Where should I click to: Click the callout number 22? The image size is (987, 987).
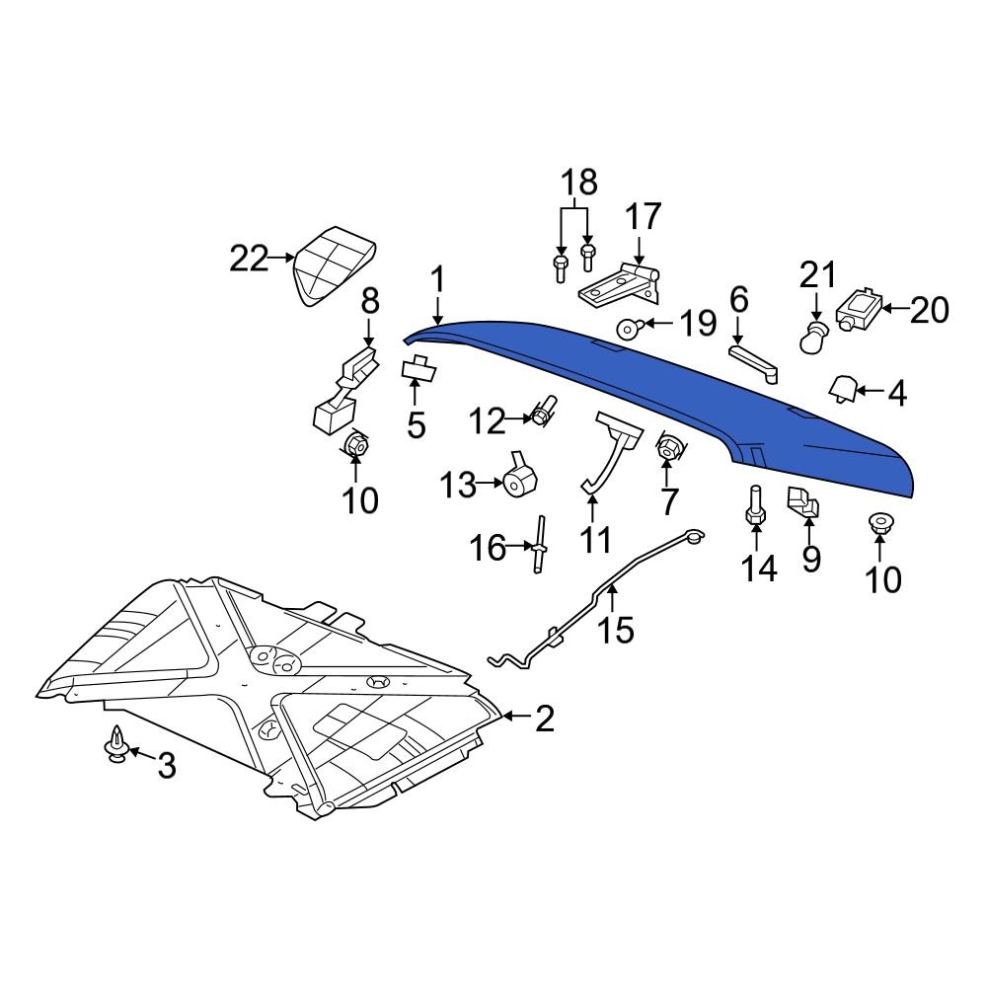[249, 260]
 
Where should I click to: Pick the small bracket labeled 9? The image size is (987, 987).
[804, 502]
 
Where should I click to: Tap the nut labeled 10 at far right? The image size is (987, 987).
[877, 522]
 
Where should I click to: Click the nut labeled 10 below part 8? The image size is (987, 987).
[356, 446]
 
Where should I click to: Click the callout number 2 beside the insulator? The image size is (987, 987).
[545, 719]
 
